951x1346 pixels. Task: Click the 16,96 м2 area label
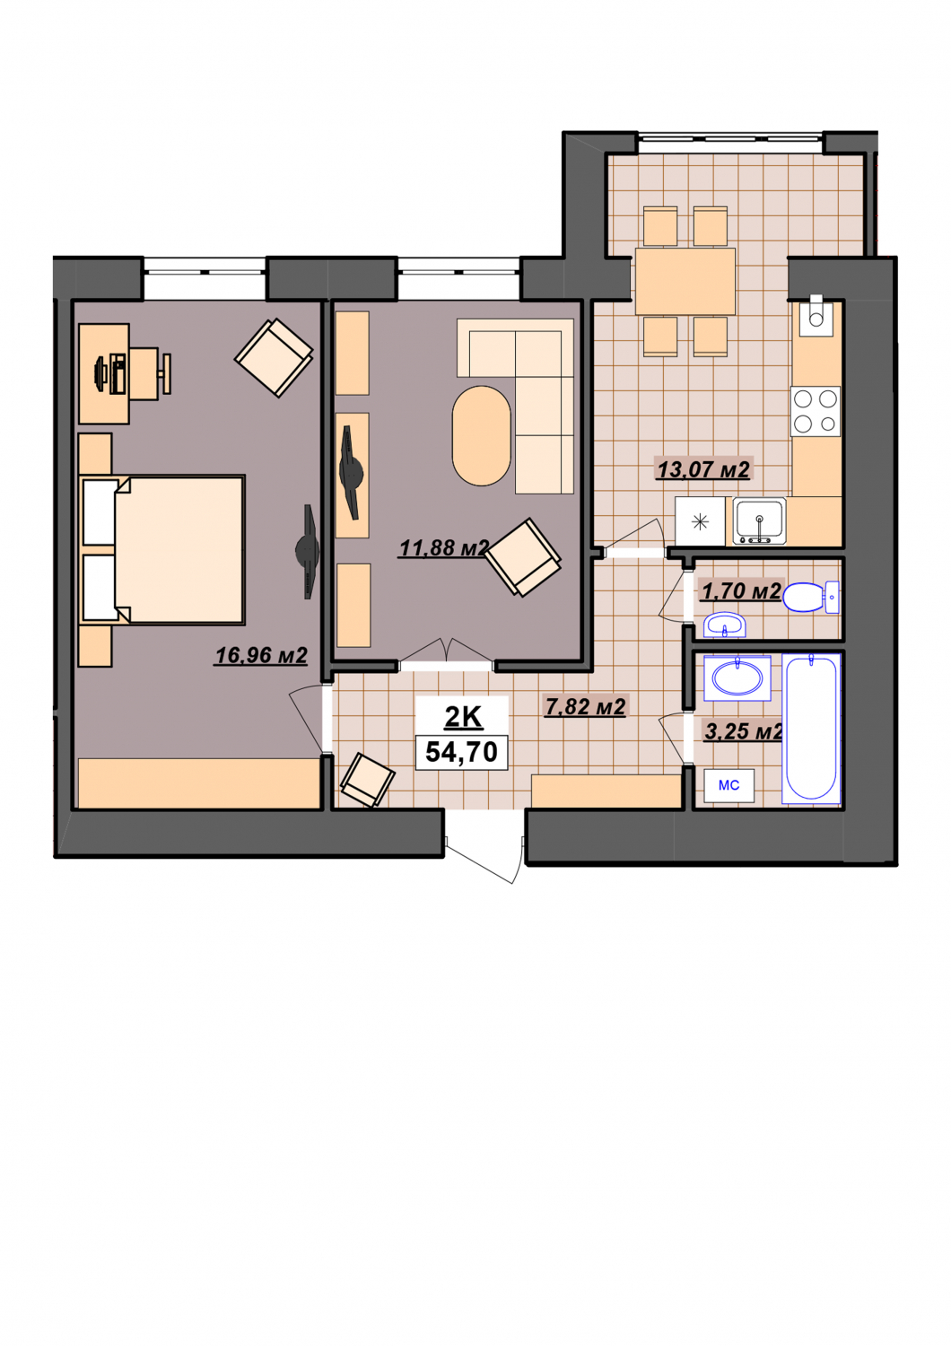point(261,656)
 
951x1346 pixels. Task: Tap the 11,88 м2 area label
point(444,548)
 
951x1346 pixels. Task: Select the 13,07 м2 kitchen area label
point(703,469)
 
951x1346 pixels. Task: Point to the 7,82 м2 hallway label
point(585,707)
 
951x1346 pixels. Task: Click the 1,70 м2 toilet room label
point(741,591)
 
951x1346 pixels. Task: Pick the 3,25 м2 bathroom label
point(743,732)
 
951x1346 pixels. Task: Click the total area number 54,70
point(461,752)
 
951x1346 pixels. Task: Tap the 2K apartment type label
point(463,717)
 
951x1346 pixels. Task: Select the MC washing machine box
point(729,785)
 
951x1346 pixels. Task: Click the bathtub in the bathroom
point(811,729)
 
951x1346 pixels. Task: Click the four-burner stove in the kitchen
point(816,411)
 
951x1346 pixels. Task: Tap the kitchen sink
point(759,521)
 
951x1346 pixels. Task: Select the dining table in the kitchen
point(685,281)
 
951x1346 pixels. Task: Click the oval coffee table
point(481,435)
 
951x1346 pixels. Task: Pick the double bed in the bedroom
point(162,550)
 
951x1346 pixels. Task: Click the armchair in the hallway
point(368,780)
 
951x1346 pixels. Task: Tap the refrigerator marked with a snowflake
point(700,521)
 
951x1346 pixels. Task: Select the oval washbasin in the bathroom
point(737,678)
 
